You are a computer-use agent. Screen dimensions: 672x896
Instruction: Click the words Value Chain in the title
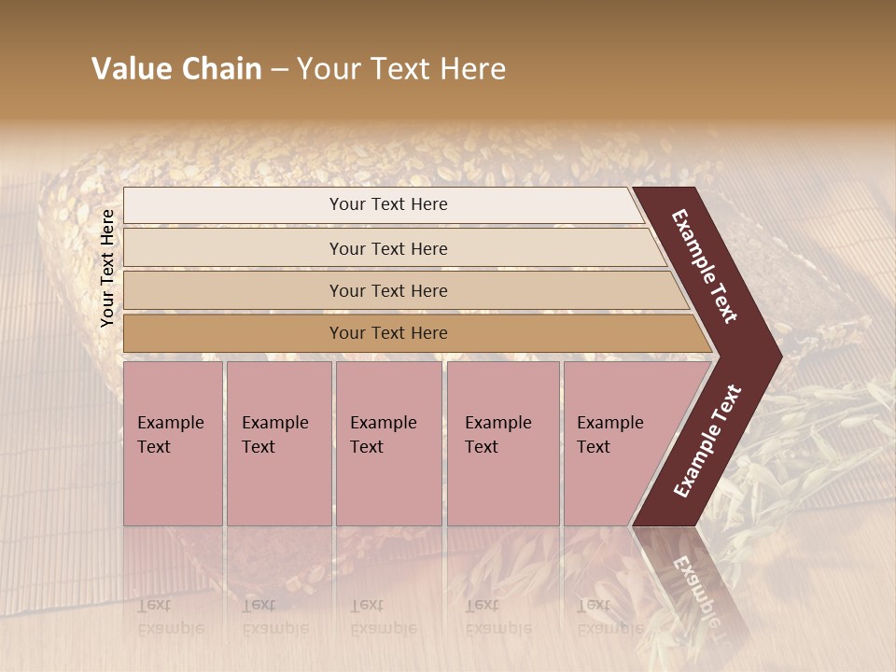(176, 69)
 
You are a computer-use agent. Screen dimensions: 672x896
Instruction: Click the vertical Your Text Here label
(107, 268)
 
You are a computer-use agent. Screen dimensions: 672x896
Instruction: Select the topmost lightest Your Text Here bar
(387, 204)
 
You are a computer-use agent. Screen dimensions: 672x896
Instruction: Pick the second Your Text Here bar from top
(387, 248)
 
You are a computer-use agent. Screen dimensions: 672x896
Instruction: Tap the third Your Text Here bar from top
(387, 290)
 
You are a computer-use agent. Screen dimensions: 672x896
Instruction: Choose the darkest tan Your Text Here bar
(387, 333)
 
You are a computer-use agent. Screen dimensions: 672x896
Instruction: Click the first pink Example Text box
(173, 443)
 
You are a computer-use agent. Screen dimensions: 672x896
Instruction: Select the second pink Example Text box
(278, 443)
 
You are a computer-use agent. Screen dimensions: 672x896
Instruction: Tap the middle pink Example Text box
(388, 443)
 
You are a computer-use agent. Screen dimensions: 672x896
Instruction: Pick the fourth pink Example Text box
(503, 443)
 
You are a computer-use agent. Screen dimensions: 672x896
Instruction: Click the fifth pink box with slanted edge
(616, 443)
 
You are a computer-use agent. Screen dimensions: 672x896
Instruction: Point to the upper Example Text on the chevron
(706, 267)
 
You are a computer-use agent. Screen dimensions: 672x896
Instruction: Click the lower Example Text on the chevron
(708, 441)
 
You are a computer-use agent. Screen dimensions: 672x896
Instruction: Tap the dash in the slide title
(279, 69)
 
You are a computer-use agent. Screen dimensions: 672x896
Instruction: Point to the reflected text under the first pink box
(171, 617)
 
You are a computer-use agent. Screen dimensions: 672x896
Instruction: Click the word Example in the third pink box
(383, 423)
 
